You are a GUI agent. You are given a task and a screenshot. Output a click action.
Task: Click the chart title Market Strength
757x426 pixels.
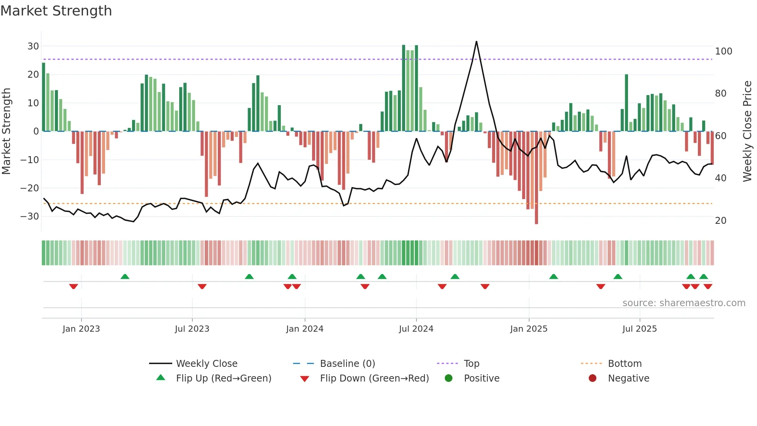click(x=56, y=11)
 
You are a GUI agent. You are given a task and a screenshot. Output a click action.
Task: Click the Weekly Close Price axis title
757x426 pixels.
click(x=747, y=131)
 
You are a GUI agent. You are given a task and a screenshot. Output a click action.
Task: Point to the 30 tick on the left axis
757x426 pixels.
click(x=33, y=46)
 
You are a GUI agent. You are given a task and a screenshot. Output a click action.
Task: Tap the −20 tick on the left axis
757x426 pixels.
click(x=30, y=188)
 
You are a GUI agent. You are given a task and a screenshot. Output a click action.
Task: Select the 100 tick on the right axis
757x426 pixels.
click(x=723, y=51)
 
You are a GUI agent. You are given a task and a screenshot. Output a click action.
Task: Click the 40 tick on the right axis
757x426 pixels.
click(x=721, y=178)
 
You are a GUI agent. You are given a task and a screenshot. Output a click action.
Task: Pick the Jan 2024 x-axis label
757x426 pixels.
click(x=305, y=329)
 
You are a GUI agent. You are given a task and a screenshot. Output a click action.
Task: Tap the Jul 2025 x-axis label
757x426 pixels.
click(x=640, y=329)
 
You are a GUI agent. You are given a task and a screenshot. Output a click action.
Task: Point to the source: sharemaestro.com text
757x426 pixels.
click(x=684, y=303)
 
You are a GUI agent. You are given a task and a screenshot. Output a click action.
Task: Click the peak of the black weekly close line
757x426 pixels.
click(x=476, y=42)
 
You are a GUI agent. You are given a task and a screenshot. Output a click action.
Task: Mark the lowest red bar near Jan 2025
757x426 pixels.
click(x=536, y=222)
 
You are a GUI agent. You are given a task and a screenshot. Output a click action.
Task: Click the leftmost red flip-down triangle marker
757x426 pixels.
click(x=73, y=286)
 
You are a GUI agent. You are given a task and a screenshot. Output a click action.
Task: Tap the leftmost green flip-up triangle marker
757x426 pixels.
click(x=125, y=277)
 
